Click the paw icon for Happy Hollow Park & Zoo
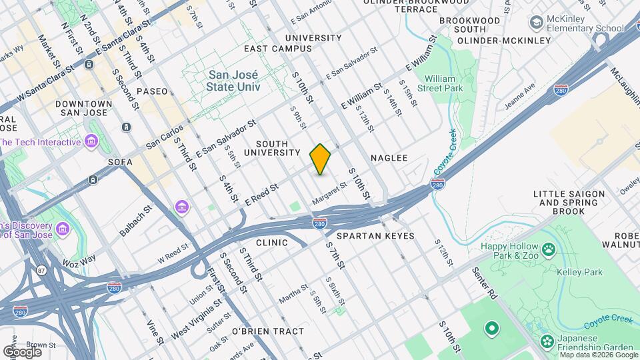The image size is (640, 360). [x=548, y=249]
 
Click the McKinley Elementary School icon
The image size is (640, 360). [x=535, y=23]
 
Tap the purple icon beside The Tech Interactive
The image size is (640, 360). [x=92, y=141]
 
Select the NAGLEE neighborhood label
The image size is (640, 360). [x=389, y=158]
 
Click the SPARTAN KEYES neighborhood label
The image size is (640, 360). [x=375, y=236]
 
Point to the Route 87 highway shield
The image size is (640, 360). [x=42, y=271]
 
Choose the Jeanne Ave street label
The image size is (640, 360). [x=520, y=97]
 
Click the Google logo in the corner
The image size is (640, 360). [x=22, y=351]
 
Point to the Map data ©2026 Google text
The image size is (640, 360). [x=599, y=355]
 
